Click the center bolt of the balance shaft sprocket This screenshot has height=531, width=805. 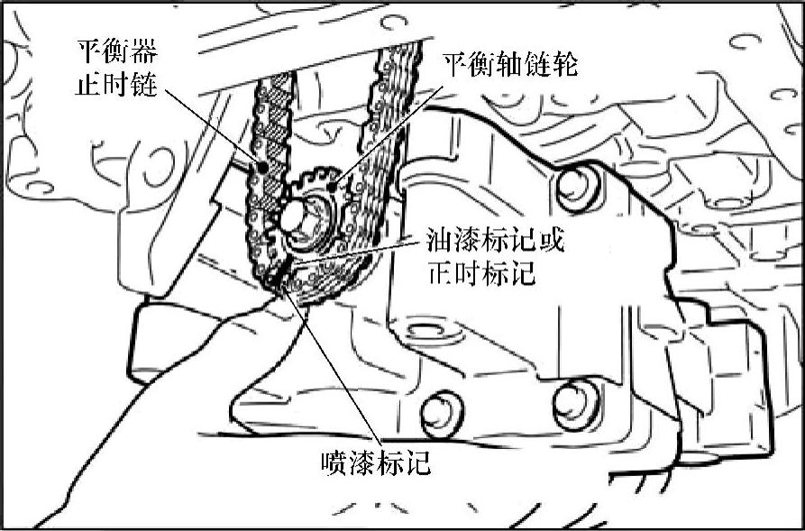pos(296,217)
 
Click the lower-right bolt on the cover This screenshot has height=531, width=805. pos(574,403)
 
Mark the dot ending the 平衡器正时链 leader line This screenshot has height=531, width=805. pos(262,167)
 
